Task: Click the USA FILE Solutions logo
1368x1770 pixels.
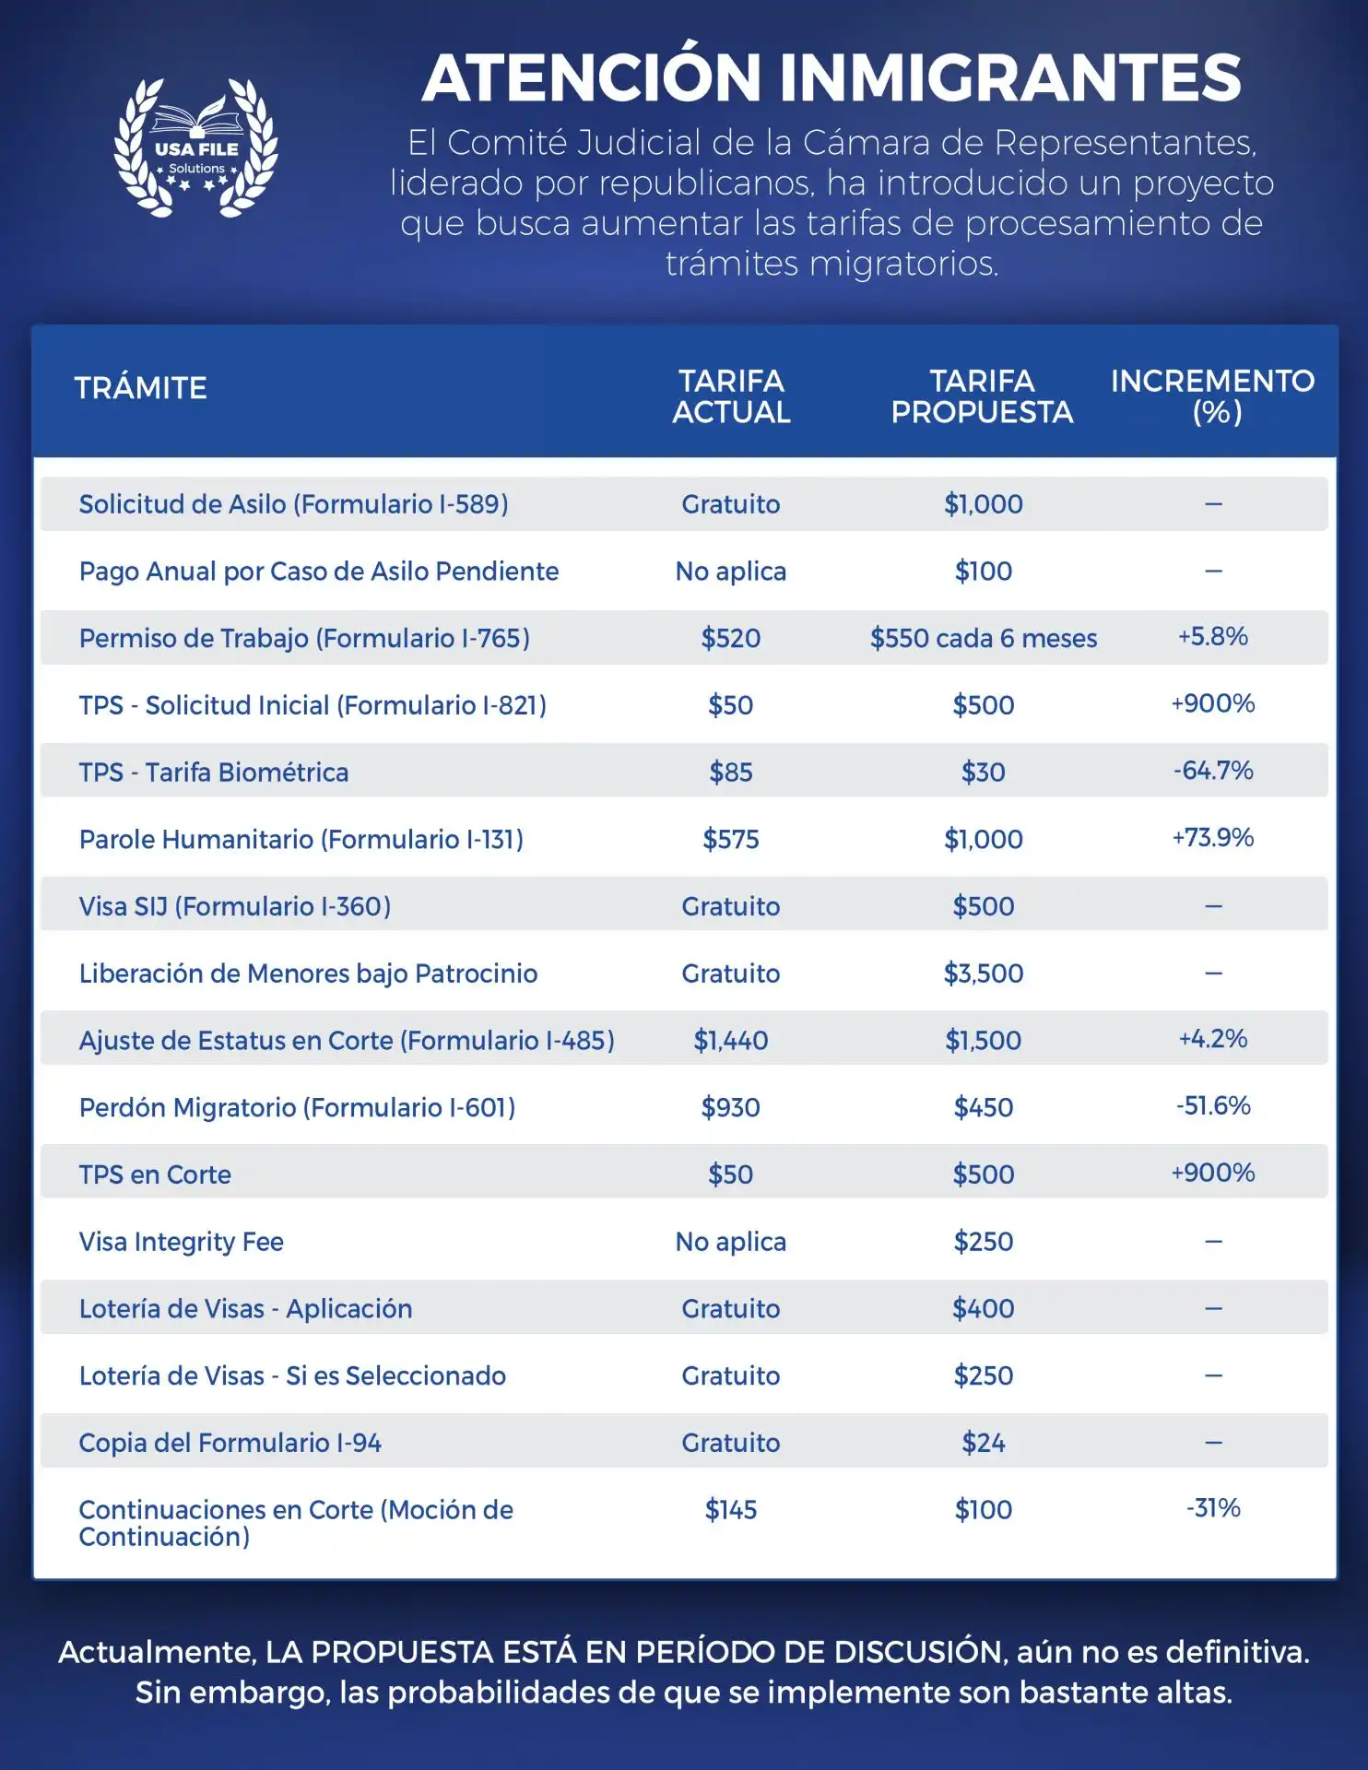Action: point(195,147)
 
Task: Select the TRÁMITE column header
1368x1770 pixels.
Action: point(141,388)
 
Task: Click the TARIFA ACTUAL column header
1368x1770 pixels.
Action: point(731,396)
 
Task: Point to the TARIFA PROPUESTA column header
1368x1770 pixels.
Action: point(983,396)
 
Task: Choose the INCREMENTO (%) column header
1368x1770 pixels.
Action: point(1213,396)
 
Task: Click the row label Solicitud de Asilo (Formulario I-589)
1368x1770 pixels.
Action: point(293,504)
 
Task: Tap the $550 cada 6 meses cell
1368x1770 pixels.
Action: point(984,638)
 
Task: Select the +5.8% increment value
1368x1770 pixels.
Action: point(1213,636)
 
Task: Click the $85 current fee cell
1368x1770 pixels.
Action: point(731,772)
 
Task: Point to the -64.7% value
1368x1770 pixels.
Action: point(1213,770)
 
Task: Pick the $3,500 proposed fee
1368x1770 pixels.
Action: point(984,973)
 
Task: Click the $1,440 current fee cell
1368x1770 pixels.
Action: point(731,1041)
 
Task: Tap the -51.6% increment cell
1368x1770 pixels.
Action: point(1213,1105)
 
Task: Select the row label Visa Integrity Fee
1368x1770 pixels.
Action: point(182,1242)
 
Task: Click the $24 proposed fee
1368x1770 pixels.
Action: point(984,1443)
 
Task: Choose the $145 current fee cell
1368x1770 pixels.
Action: point(731,1510)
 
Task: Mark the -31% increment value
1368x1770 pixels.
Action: point(1213,1508)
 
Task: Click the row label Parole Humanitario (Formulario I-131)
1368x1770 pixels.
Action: point(301,840)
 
